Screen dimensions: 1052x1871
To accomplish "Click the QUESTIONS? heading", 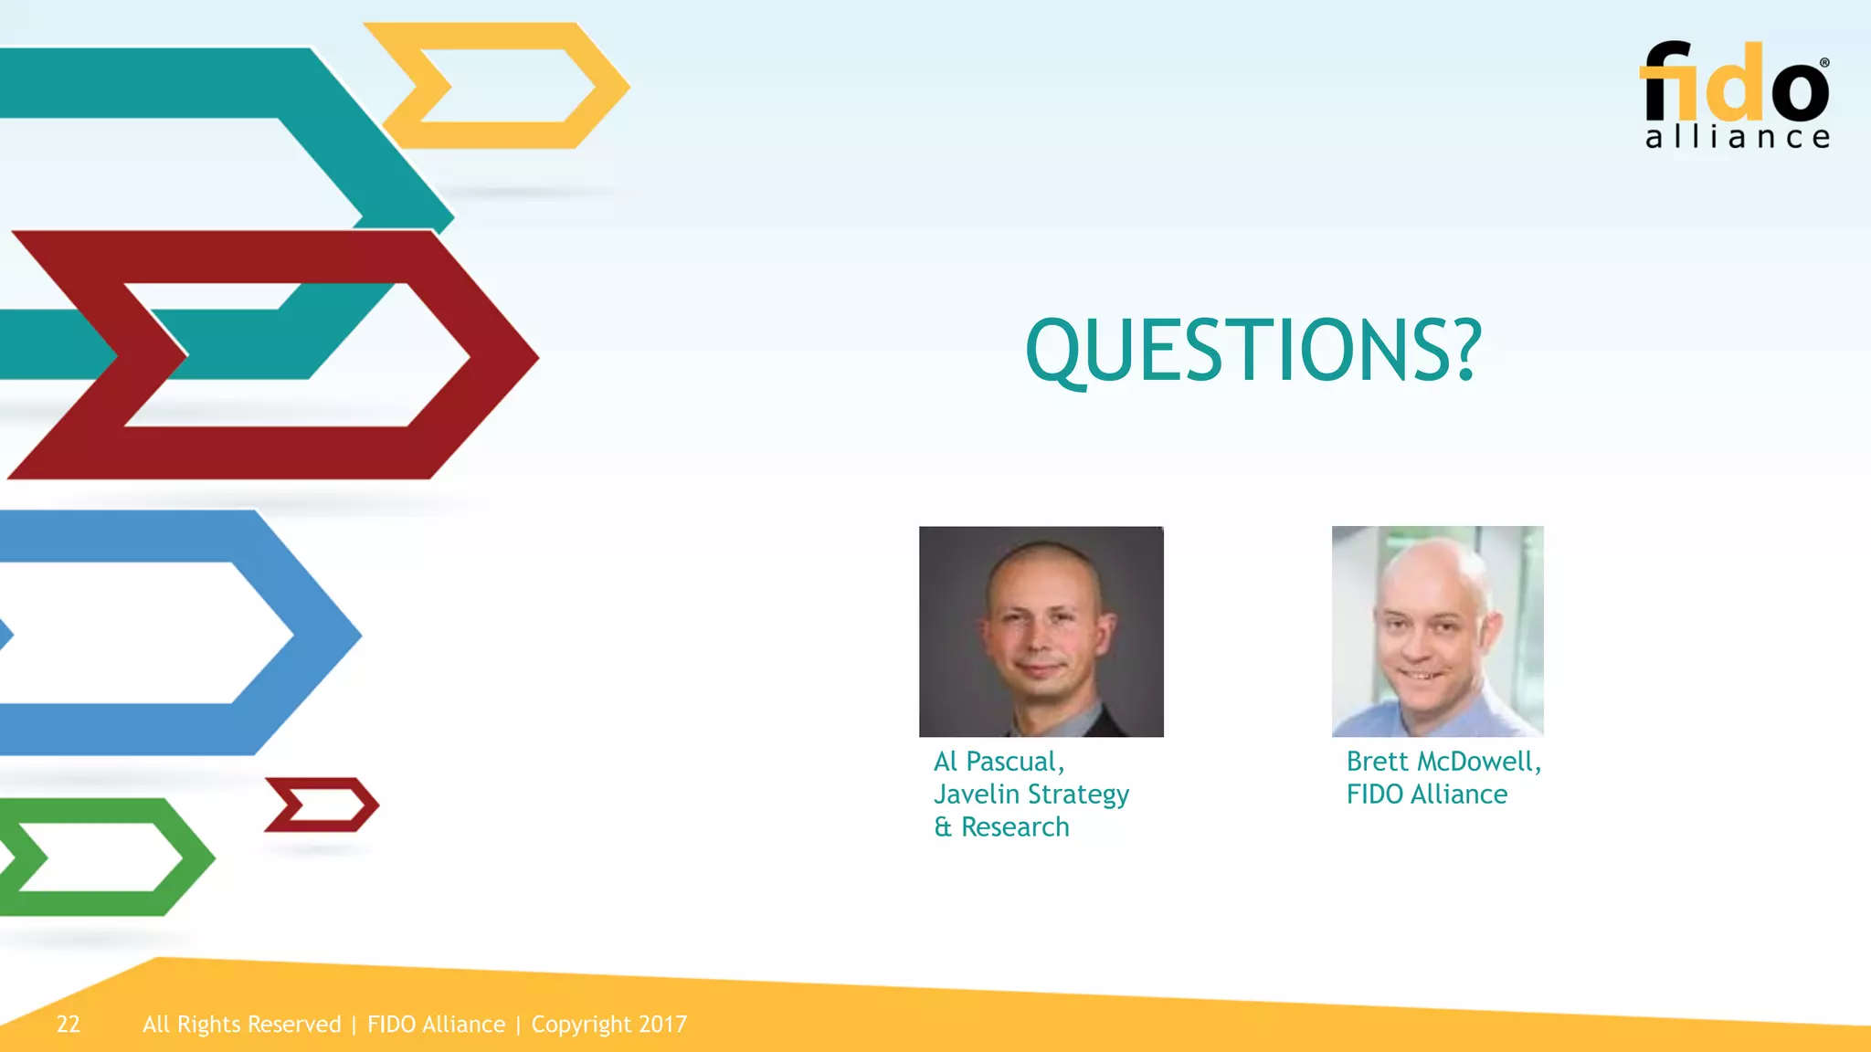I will [x=1253, y=351].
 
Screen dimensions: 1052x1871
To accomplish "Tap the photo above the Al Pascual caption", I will [x=1041, y=631].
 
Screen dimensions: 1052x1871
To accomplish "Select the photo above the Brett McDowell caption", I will [x=1437, y=631].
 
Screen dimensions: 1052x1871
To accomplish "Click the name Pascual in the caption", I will [x=1015, y=762].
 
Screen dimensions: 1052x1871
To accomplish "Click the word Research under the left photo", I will [x=1015, y=827].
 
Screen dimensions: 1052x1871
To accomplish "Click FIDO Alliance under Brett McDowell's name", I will [x=1426, y=794].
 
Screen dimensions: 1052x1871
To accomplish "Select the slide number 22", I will [x=69, y=1025].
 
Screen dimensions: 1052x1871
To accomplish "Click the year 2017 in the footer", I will [x=662, y=1025].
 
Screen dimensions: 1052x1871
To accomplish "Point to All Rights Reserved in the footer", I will [x=241, y=1025].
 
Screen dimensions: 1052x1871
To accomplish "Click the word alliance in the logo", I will [x=1737, y=138].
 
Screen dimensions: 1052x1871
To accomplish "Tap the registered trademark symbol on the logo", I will [x=1824, y=63].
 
